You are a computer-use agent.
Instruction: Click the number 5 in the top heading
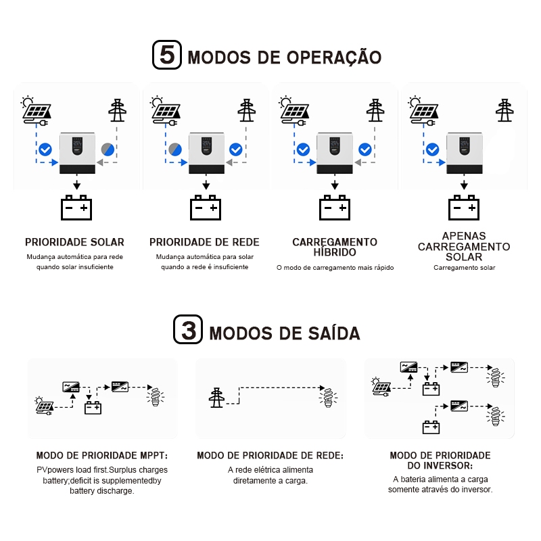click(168, 55)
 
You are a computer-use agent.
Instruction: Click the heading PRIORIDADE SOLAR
click(74, 242)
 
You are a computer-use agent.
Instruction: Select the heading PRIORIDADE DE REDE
click(204, 242)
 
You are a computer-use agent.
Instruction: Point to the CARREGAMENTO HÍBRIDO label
click(335, 247)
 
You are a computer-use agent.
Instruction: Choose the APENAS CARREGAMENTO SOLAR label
click(464, 247)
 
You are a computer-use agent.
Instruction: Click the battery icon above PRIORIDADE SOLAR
click(76, 208)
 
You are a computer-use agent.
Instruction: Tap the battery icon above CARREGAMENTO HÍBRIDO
click(335, 208)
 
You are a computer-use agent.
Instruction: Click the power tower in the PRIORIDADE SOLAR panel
click(118, 110)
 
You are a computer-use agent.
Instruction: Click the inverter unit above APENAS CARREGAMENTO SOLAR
click(464, 153)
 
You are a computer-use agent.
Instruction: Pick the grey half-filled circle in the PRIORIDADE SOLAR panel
click(108, 149)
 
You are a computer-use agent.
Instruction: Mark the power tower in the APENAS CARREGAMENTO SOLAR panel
click(504, 110)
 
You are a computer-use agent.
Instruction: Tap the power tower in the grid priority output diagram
click(217, 397)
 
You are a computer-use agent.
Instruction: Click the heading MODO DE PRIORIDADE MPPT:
click(101, 456)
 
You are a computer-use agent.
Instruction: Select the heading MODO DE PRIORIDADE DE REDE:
click(270, 456)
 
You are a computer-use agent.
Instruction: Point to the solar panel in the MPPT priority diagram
click(45, 406)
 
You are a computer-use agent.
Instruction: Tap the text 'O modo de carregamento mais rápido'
click(335, 268)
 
